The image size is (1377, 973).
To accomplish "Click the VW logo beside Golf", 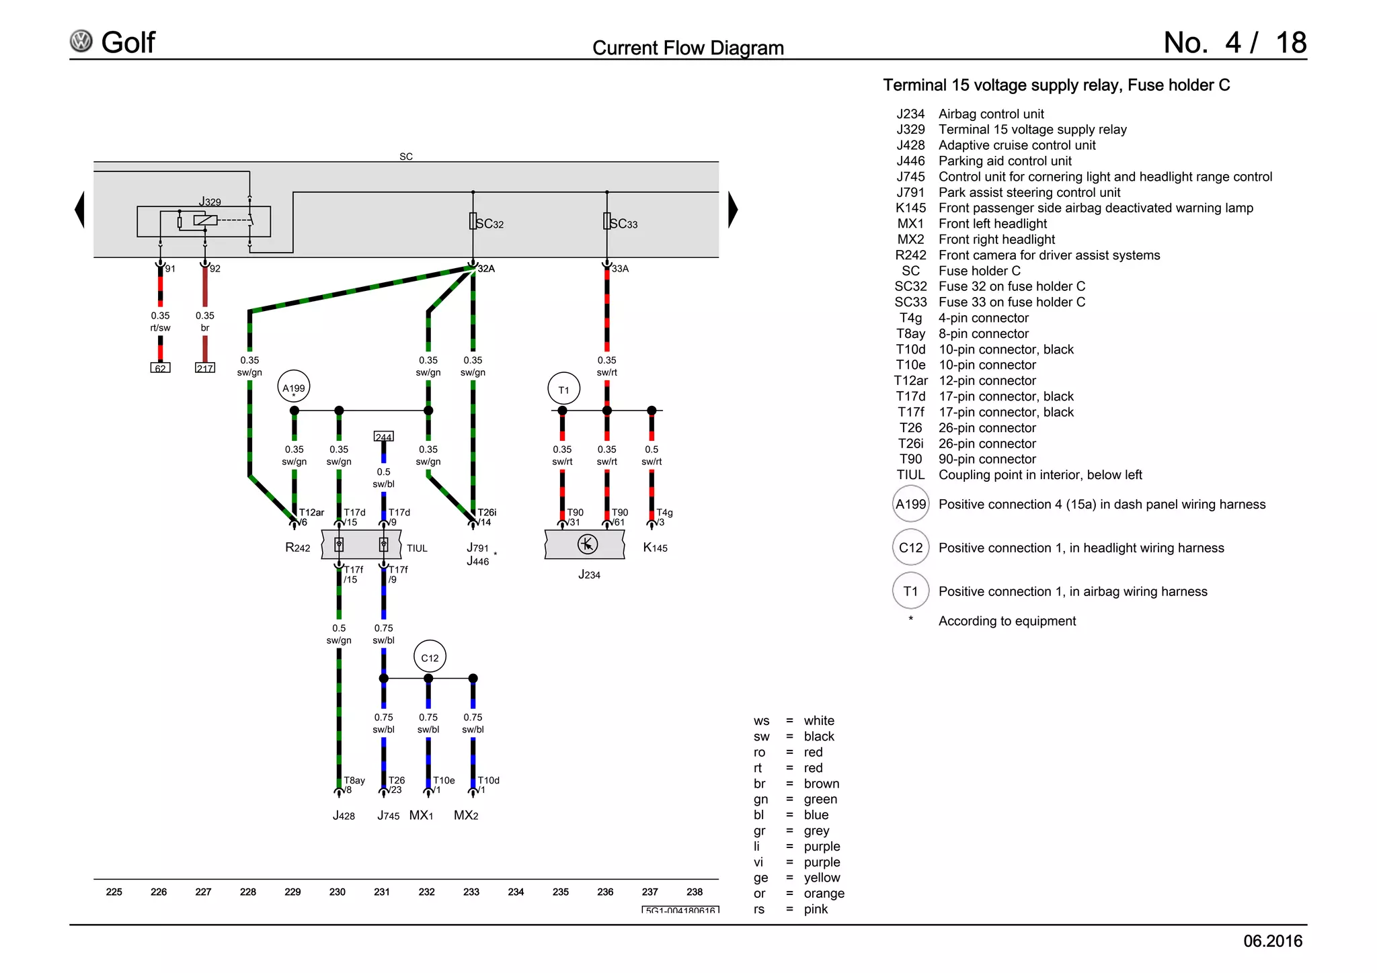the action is pos(81,42).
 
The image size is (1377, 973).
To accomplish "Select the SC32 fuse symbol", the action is pos(473,221).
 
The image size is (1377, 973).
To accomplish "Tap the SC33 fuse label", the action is pos(623,224).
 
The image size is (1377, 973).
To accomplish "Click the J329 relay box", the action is pos(204,221).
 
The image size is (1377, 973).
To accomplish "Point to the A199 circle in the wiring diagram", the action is pos(294,387).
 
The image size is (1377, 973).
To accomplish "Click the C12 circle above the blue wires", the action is pos(430,657).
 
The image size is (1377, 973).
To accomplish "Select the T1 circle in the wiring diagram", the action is pos(563,389).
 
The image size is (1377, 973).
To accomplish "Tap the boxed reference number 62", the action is pos(160,368).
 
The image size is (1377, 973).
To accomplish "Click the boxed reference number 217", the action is pos(205,368).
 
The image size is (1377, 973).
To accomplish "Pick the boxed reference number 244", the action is pos(383,437).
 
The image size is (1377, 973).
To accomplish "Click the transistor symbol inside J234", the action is pos(588,544).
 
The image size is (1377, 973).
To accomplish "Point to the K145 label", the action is pos(655,548).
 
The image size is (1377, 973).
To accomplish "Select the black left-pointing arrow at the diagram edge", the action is pos(79,210).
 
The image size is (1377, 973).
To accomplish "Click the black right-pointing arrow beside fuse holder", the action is pos(733,210).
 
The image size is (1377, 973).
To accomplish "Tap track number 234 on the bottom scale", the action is pos(516,892).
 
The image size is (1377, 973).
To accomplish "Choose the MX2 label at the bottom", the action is pos(466,815).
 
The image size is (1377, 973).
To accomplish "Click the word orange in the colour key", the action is pos(824,893).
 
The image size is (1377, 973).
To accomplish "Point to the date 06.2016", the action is pos(1272,941).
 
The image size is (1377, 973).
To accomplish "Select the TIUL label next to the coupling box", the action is pos(417,548).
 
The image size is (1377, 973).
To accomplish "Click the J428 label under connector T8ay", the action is pos(344,816).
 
